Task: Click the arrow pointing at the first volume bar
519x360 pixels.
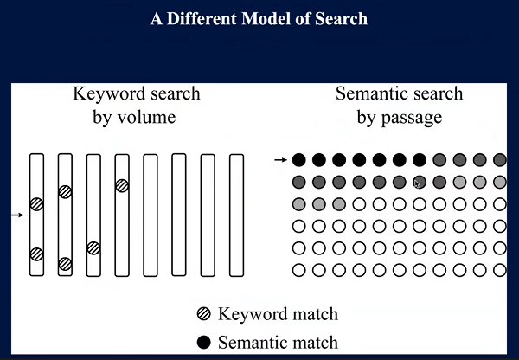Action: coord(20,214)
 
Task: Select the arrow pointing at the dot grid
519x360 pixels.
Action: coord(280,160)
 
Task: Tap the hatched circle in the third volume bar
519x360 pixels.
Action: coord(93,248)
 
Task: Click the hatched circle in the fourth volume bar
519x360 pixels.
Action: coord(122,185)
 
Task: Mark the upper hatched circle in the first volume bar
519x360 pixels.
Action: coord(36,204)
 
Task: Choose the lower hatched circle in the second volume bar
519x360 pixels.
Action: coord(65,264)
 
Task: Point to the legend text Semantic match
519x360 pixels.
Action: coord(279,342)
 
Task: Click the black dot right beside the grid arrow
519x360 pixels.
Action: coord(299,160)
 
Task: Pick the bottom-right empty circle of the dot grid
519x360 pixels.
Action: coord(500,270)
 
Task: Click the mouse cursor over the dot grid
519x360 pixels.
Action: coord(418,183)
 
